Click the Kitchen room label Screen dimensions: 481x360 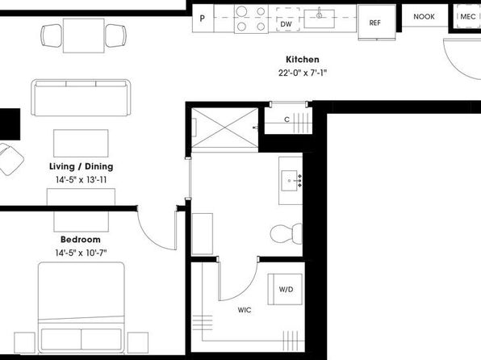point(302,59)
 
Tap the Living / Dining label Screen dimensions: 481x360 point(82,166)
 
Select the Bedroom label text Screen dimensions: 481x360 point(81,240)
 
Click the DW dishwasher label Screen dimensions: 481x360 point(286,24)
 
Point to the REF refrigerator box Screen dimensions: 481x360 point(377,23)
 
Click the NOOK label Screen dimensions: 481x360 point(424,17)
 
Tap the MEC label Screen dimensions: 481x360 point(468,17)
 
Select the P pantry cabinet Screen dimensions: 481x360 point(203,19)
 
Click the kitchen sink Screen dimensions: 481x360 point(319,19)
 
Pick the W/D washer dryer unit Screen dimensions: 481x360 point(285,289)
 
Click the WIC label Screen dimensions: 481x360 point(245,310)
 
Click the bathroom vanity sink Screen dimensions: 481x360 point(290,181)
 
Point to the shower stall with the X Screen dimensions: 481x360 point(225,128)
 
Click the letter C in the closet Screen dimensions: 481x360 point(287,119)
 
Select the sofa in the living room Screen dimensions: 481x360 point(81,98)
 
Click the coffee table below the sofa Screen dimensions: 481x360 point(81,143)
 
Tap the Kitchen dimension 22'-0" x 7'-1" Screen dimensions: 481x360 point(302,73)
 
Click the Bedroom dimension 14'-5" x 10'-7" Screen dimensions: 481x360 point(81,253)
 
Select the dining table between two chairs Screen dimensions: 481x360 point(84,36)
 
